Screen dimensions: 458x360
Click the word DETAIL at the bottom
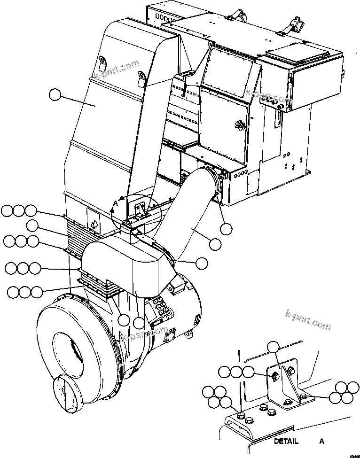click(x=286, y=441)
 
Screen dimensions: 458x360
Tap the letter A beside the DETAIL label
click(x=321, y=441)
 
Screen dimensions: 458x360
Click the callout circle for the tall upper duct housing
click(x=55, y=95)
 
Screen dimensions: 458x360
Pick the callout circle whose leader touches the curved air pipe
click(x=215, y=244)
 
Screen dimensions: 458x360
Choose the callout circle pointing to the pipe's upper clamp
click(x=227, y=229)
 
